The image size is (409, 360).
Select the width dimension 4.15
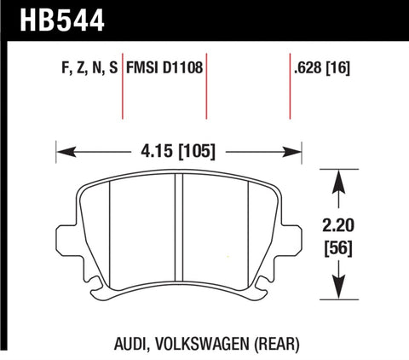153,151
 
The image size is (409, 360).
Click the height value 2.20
343,226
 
